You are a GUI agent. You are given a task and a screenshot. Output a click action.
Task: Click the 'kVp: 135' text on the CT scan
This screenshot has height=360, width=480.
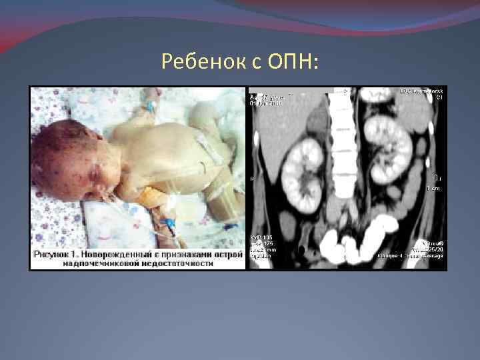click(x=261, y=237)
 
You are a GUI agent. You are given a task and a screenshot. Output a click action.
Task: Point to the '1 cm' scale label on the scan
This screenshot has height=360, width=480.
click(x=434, y=189)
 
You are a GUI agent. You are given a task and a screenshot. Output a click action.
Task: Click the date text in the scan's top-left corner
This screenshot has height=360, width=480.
click(x=265, y=103)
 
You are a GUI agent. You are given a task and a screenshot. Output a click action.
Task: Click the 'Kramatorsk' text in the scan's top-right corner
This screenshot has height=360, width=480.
click(x=427, y=90)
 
